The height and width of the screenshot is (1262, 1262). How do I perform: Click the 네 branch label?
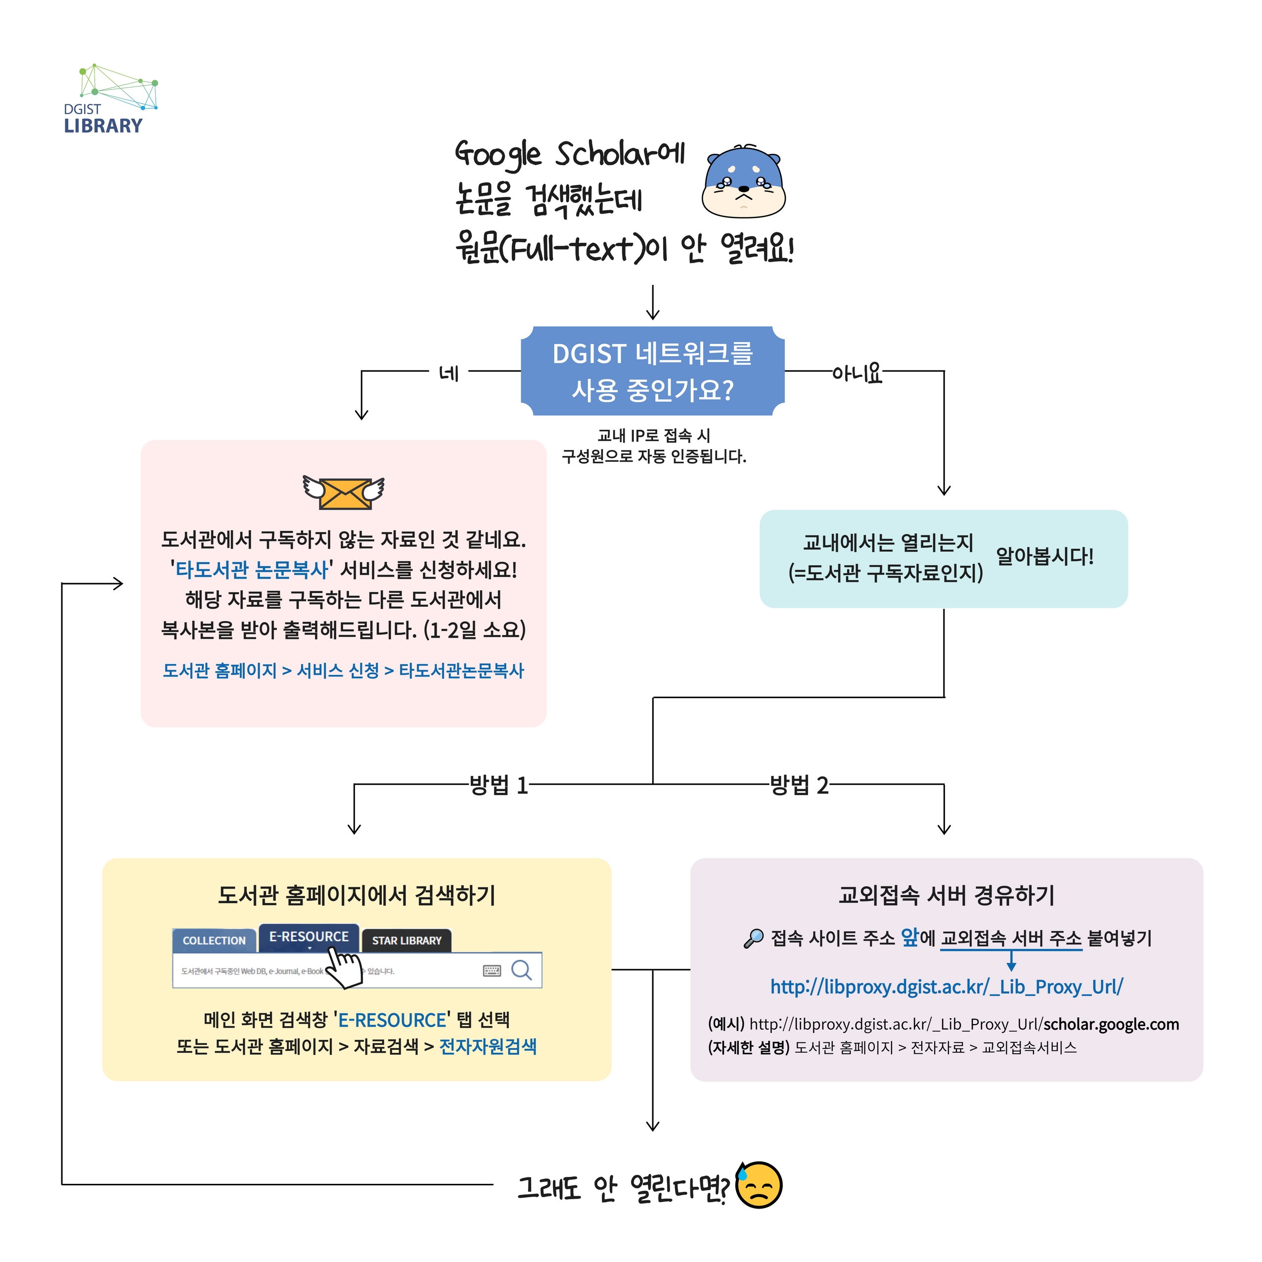pyautogui.click(x=449, y=373)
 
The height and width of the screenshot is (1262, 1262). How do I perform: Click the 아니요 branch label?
pyautogui.click(x=856, y=373)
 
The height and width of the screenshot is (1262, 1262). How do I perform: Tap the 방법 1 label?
pyautogui.click(x=498, y=784)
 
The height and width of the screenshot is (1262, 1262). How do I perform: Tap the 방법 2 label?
pyautogui.click(x=799, y=784)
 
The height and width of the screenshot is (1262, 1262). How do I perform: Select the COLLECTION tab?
pyautogui.click(x=214, y=941)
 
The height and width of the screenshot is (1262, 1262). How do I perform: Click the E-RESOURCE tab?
pyautogui.click(x=309, y=937)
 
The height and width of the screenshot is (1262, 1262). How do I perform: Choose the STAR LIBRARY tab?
pyautogui.click(x=406, y=941)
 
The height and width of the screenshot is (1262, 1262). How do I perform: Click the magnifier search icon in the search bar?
pyautogui.click(x=521, y=970)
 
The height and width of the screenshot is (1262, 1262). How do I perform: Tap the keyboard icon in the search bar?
pyautogui.click(x=492, y=971)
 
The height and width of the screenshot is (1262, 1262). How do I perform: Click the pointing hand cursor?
pyautogui.click(x=342, y=967)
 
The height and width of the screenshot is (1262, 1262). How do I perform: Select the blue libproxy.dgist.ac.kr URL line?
pyautogui.click(x=946, y=987)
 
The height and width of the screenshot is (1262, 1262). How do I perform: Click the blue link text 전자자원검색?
pyautogui.click(x=488, y=1046)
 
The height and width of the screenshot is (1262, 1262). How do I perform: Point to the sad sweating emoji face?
pyautogui.click(x=759, y=1185)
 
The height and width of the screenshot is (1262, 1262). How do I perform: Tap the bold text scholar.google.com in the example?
pyautogui.click(x=1111, y=1024)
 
